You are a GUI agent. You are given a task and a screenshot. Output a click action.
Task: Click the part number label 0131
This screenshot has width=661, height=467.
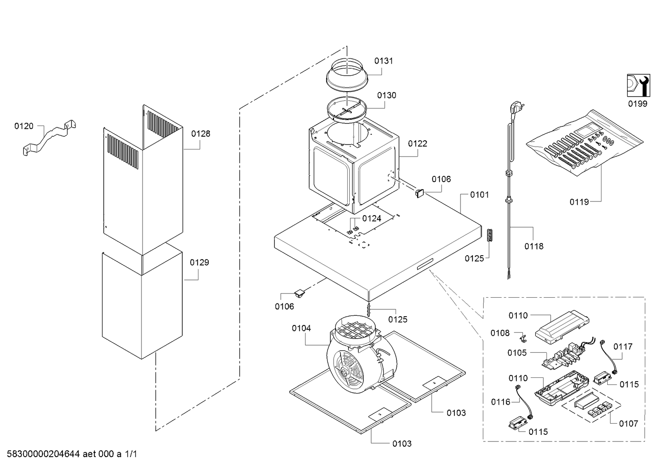(x=384, y=61)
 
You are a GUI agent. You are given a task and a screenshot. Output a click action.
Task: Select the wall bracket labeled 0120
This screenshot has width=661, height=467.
(x=49, y=137)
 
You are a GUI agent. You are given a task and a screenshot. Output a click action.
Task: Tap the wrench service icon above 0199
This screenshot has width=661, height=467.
(x=638, y=85)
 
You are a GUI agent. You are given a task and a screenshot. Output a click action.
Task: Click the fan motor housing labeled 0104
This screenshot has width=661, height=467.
(x=361, y=354)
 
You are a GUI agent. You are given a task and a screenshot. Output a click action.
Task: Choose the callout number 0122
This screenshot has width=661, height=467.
(x=418, y=144)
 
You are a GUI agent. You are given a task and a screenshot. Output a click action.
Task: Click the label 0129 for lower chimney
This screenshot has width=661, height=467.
(x=199, y=262)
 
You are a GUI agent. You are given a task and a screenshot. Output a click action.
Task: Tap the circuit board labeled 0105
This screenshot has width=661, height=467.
(x=563, y=354)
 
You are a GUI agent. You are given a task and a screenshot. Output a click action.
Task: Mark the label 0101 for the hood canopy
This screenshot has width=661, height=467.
(x=480, y=194)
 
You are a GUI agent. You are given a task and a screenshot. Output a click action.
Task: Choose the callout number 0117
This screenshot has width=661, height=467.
(x=623, y=347)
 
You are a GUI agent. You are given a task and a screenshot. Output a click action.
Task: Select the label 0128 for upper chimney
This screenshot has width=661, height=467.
(x=200, y=133)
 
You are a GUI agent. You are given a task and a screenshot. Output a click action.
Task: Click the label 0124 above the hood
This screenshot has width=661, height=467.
(x=372, y=218)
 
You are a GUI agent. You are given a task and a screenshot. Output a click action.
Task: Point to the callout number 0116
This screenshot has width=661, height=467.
(x=501, y=402)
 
